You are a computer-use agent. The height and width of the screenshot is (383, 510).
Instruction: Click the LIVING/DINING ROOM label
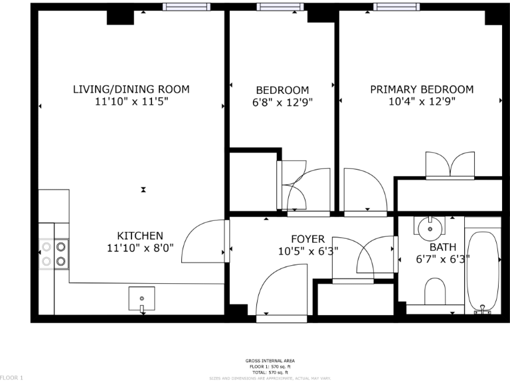tap(131, 89)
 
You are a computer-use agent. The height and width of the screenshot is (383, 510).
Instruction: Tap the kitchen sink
tap(141, 299)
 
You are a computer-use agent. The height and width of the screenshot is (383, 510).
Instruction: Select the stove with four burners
tap(54, 253)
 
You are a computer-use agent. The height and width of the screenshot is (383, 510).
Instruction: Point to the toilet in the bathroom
tap(435, 291)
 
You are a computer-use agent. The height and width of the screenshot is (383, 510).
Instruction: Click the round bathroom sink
tap(430, 228)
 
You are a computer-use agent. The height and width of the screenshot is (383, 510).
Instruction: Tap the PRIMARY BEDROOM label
tap(422, 90)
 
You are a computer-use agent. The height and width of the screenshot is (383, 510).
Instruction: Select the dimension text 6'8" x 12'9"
tap(282, 102)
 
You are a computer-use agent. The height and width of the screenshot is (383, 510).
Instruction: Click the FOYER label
tap(308, 239)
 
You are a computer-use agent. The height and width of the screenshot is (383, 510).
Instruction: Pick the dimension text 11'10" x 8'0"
tap(140, 248)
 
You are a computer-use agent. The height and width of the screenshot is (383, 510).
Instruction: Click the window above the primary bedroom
tap(396, 7)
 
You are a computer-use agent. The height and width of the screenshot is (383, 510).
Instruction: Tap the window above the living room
tap(187, 7)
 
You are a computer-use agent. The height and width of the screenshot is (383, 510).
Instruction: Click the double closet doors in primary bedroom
tap(451, 165)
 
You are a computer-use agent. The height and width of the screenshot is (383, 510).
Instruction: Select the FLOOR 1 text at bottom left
tap(12, 378)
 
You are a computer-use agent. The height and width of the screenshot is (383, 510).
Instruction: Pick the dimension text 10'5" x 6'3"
tap(308, 251)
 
